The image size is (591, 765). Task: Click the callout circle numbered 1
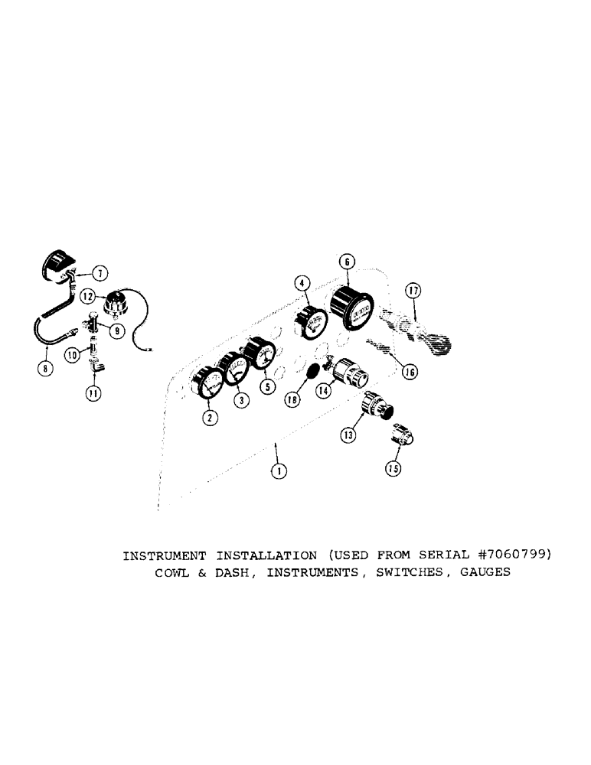tap(279, 471)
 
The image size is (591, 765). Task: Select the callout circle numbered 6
tap(346, 261)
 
